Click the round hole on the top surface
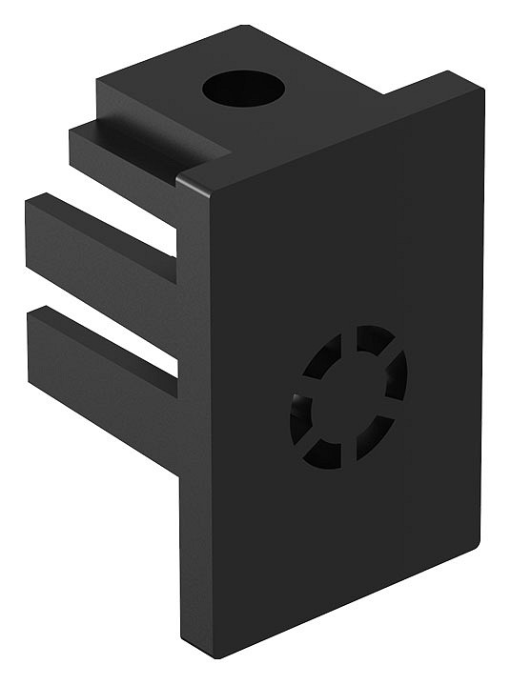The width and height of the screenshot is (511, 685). tap(243, 90)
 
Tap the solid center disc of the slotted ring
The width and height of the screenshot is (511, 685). tap(348, 395)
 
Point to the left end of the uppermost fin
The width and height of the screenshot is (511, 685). tap(74, 143)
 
